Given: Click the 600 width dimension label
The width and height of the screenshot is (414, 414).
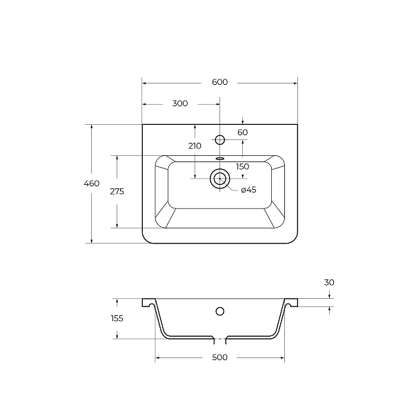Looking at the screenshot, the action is pyautogui.click(x=219, y=82).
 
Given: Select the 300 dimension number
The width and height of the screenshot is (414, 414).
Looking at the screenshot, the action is pyautogui.click(x=180, y=103).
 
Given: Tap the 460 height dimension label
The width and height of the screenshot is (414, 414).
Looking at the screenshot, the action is pyautogui.click(x=92, y=184).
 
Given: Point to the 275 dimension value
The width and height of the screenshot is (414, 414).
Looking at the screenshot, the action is pyautogui.click(x=117, y=191).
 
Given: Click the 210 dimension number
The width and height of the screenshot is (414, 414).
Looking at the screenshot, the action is pyautogui.click(x=195, y=146).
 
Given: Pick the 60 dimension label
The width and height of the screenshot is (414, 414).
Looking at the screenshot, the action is pyautogui.click(x=243, y=132).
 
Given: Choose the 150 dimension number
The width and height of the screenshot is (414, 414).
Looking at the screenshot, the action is pyautogui.click(x=243, y=166).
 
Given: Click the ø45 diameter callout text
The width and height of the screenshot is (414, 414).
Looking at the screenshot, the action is pyautogui.click(x=248, y=190).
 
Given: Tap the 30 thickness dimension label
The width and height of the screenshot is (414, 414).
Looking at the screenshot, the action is pyautogui.click(x=329, y=282).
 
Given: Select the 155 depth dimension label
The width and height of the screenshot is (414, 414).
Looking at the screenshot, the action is pyautogui.click(x=117, y=318).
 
